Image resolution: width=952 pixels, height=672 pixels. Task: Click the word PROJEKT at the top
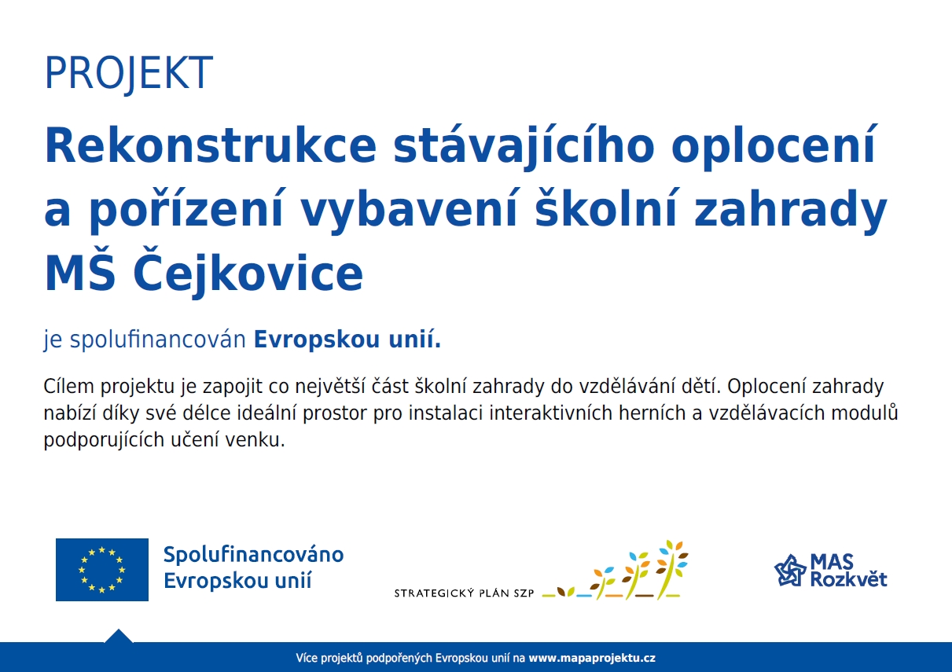(128, 72)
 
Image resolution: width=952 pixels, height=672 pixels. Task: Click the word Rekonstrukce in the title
(211, 145)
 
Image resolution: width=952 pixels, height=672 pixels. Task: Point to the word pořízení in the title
(186, 211)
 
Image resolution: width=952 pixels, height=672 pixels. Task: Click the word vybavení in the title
(409, 211)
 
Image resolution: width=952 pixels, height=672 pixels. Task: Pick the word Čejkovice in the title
(248, 272)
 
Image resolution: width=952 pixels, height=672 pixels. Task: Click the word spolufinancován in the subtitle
(158, 340)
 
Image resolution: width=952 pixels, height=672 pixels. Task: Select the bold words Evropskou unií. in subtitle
(347, 340)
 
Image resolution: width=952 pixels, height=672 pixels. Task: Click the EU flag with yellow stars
(102, 570)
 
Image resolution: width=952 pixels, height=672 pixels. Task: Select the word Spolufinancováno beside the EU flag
(254, 555)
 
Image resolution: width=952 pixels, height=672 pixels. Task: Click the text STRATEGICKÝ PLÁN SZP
(464, 593)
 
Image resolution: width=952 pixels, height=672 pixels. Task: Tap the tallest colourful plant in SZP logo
(671, 569)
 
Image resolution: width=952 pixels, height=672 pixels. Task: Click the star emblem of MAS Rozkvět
(789, 570)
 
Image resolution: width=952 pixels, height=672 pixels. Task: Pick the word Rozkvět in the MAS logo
(848, 578)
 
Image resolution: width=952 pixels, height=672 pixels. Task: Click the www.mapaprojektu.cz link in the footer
(592, 658)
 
